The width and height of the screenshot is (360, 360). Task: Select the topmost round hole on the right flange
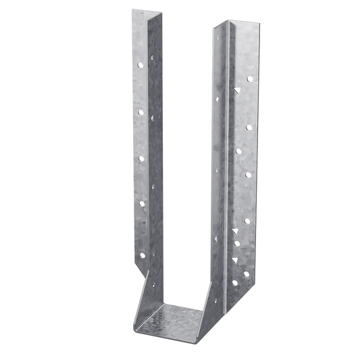(x=249, y=79)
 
